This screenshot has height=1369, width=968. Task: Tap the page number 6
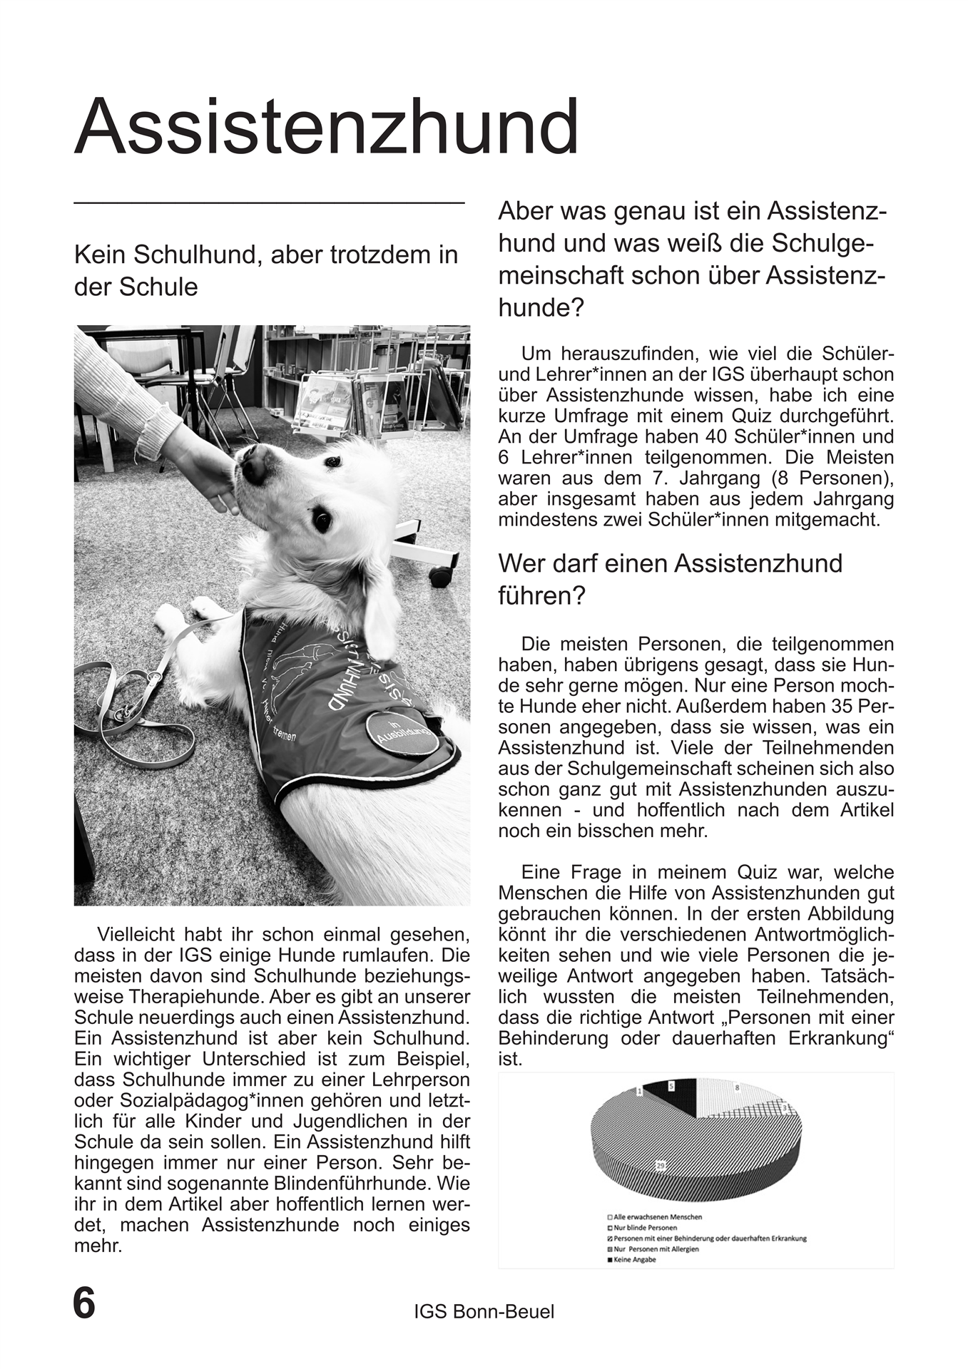[x=84, y=1303]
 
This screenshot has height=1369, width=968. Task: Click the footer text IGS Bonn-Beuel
[x=484, y=1311]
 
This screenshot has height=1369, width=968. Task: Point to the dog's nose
[x=250, y=467]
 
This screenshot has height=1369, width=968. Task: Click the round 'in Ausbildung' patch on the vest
[x=403, y=734]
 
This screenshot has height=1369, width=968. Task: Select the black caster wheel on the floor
[x=440, y=575]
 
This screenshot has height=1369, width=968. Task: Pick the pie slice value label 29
[x=661, y=1165]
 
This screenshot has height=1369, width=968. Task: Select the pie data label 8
[x=737, y=1088]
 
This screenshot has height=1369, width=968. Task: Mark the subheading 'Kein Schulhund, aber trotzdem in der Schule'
[x=265, y=270]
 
